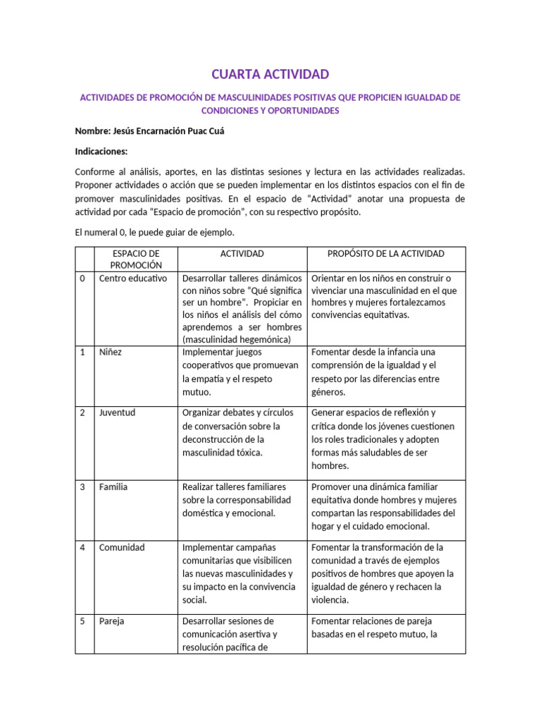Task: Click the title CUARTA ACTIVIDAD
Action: coord(270,75)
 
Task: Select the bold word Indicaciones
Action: coord(101,151)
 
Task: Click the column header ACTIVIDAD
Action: coord(242,253)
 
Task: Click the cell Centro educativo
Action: coord(133,279)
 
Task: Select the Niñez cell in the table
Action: coord(110,352)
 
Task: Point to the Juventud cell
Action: coord(117,412)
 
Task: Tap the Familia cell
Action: coord(113,487)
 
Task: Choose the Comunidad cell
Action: coord(121,547)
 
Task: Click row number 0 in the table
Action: coord(82,279)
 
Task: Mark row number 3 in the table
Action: coord(82,487)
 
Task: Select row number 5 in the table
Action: coord(82,622)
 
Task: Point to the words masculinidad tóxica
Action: coord(222,453)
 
